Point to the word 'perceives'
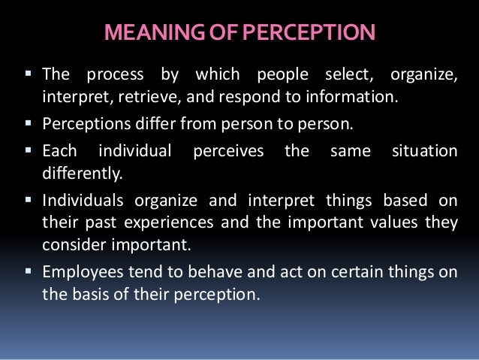(x=228, y=151)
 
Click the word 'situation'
(x=424, y=151)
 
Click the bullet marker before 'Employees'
(x=32, y=273)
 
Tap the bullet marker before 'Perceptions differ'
(x=32, y=123)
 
